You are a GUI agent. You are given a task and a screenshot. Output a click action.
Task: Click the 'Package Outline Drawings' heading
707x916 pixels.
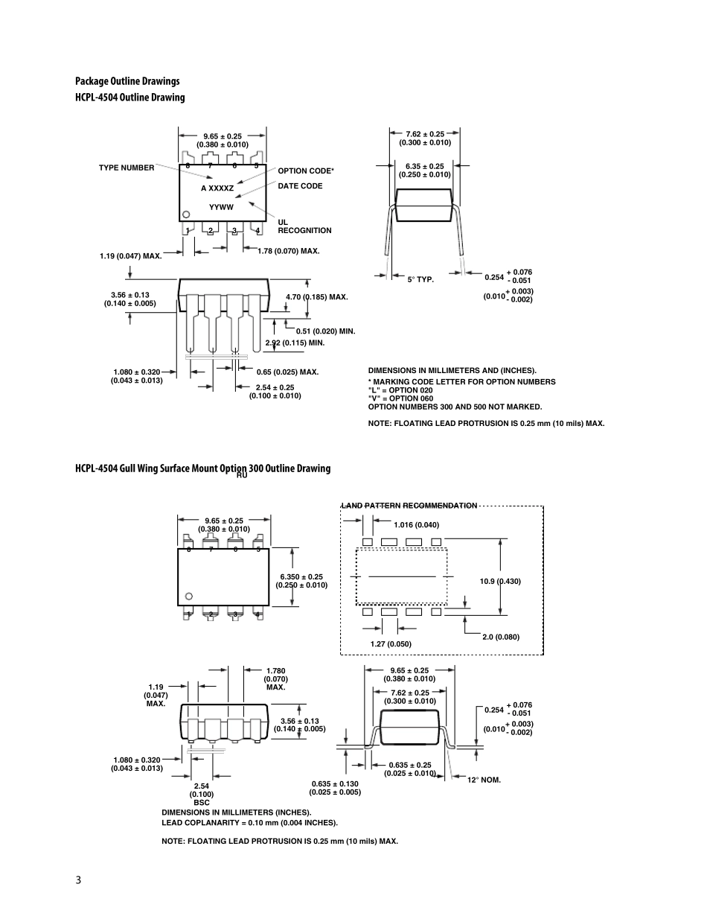[x=127, y=81]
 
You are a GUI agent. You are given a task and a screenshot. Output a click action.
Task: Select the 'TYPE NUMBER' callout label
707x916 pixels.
[x=127, y=168]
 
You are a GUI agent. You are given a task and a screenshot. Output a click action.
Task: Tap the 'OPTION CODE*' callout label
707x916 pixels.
[x=306, y=171]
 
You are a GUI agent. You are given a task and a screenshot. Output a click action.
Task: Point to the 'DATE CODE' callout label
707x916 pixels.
[x=300, y=186]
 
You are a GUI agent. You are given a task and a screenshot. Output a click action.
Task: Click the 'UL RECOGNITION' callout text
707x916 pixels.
[x=304, y=226]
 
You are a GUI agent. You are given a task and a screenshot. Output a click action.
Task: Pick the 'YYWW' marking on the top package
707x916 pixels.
[x=221, y=207]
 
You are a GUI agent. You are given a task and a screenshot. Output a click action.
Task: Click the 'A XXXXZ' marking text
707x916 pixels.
[x=217, y=188]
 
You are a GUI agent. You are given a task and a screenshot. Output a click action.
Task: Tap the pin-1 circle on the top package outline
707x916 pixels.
[x=186, y=214]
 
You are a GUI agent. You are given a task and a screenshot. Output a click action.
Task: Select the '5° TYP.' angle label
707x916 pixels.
[x=420, y=279]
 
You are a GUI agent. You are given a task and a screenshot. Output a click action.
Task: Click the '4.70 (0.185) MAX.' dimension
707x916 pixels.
[x=316, y=296]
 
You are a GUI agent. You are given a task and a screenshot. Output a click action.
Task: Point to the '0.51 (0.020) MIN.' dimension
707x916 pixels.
[x=325, y=331]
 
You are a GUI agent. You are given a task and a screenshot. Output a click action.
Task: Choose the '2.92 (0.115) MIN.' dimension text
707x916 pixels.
[x=295, y=343]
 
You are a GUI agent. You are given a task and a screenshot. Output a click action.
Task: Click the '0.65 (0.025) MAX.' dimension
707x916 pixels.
[x=287, y=372]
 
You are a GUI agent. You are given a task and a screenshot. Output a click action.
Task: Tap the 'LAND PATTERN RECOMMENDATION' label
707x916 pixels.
[x=409, y=506]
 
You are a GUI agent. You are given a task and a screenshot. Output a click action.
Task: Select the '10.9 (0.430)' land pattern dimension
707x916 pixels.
[x=500, y=582]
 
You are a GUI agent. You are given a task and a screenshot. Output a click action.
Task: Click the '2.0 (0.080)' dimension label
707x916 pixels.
[x=501, y=637]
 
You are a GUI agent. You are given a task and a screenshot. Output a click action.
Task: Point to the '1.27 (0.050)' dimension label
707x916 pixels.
[x=391, y=643]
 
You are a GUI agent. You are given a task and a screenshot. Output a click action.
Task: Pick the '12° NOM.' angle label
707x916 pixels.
[x=484, y=780]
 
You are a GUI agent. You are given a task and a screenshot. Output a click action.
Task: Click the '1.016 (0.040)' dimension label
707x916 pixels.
[x=417, y=525]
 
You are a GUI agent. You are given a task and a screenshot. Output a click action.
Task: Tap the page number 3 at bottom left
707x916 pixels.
[x=78, y=880]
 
